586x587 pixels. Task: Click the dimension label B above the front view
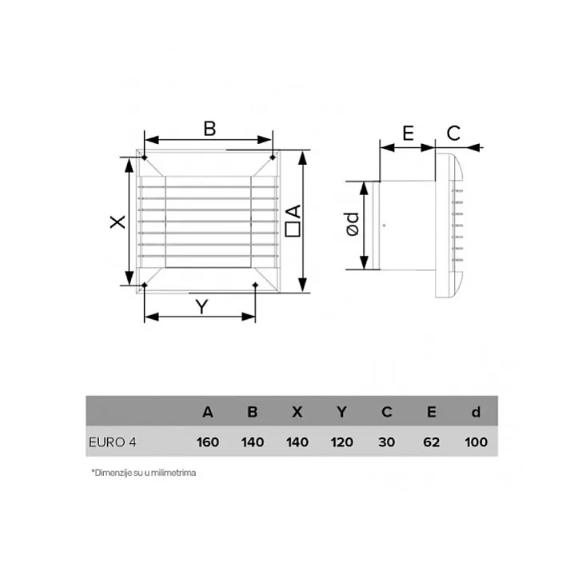point(209,129)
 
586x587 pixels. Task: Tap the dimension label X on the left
point(118,222)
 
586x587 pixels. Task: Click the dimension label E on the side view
point(407,133)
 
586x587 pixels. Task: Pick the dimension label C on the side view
point(453,133)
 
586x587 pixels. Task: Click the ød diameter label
point(351,226)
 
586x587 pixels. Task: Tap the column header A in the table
point(208,413)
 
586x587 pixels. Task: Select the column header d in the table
point(476,413)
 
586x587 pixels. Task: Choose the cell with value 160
point(208,441)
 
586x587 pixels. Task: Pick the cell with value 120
point(342,441)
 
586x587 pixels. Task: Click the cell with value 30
point(387,441)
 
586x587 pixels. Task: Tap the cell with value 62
point(432,441)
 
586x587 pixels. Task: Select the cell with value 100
point(476,441)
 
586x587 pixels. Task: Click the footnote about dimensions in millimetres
point(144,473)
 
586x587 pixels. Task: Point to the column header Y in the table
point(342,413)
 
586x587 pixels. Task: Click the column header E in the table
point(432,413)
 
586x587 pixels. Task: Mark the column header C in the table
point(387,413)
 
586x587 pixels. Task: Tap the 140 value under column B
point(253,441)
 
